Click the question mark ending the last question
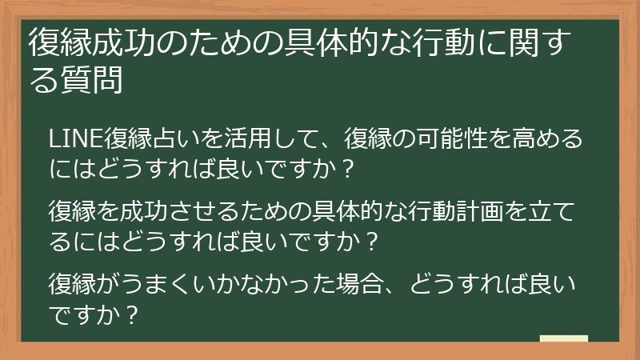point(134,314)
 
